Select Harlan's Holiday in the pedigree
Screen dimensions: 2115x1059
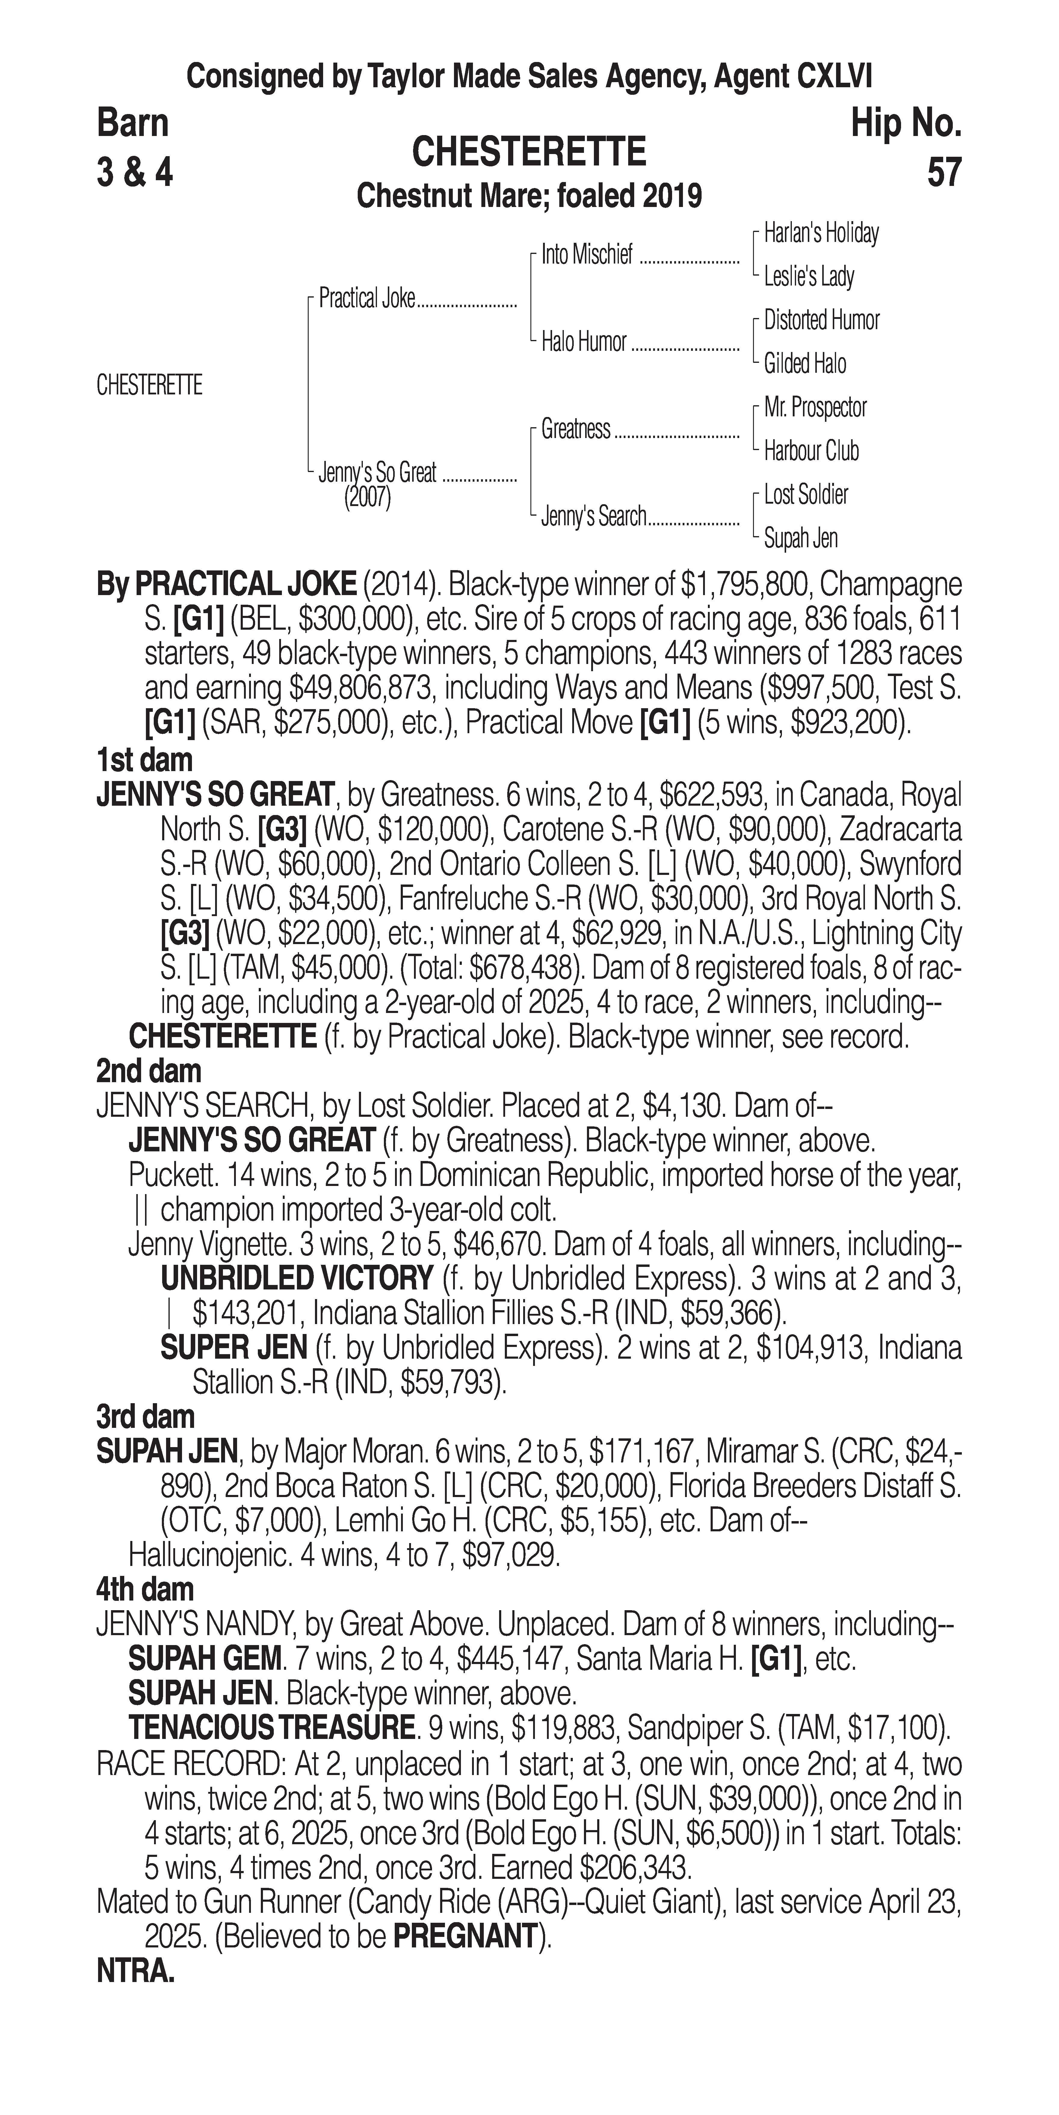coord(821,233)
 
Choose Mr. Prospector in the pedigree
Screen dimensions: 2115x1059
coord(815,407)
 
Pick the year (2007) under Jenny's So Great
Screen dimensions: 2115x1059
coord(367,499)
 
